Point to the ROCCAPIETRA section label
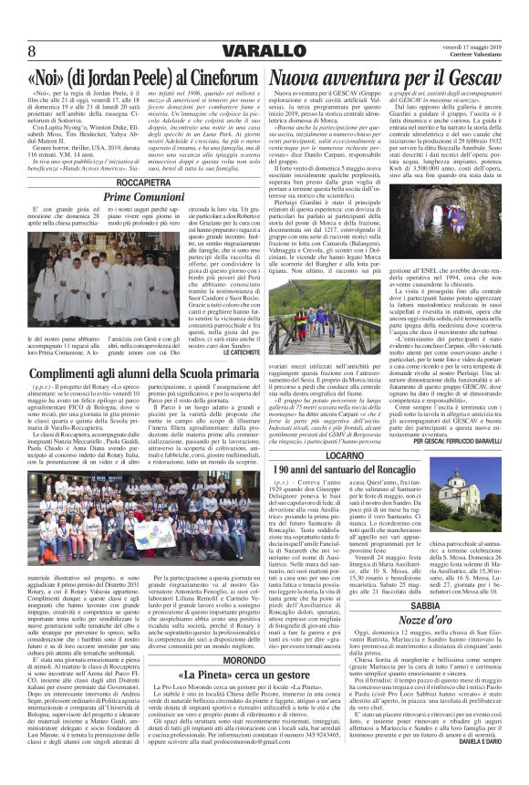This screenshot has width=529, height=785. click(x=132, y=183)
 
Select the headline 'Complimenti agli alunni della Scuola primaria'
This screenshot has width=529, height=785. click(x=132, y=350)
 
